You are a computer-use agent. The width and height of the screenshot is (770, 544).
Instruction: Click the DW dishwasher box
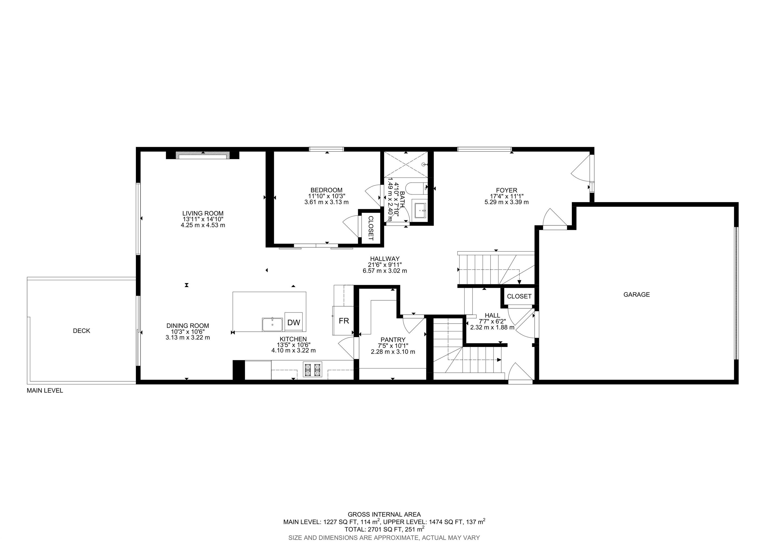[294, 322]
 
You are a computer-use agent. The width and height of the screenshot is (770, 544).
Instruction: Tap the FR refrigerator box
[343, 321]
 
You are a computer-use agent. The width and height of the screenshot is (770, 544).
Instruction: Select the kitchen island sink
[272, 324]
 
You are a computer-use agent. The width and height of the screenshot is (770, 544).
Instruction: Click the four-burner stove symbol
[312, 369]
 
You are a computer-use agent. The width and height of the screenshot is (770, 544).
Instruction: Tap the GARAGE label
[636, 295]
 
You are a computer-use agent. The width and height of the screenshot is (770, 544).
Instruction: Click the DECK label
[81, 331]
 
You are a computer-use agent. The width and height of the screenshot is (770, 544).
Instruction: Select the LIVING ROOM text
[203, 213]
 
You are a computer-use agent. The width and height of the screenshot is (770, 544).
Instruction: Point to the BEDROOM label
[326, 190]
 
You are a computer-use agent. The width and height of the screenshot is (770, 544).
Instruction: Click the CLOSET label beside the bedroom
[370, 228]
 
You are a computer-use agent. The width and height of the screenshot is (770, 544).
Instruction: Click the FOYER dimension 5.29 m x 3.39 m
[506, 202]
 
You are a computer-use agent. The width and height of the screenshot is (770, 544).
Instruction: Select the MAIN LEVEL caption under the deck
[45, 390]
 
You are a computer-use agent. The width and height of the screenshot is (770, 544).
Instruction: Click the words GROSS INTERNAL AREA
[384, 514]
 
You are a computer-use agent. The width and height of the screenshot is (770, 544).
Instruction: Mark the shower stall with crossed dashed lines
[406, 164]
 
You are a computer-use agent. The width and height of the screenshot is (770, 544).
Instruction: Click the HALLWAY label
[385, 258]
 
